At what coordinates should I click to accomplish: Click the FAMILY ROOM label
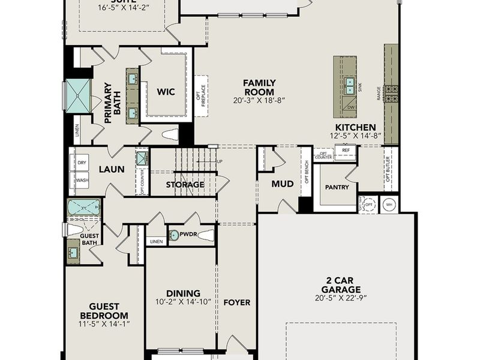259,87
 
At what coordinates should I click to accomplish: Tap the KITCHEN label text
355,127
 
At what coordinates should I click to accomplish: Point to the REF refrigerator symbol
346,151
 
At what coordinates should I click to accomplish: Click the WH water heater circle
389,204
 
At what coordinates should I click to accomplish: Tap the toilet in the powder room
206,235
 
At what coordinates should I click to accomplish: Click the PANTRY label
337,187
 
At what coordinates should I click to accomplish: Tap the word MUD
282,184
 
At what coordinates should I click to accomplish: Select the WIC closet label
166,92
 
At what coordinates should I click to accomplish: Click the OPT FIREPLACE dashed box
200,96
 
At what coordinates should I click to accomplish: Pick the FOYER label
236,302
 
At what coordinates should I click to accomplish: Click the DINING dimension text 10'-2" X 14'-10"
183,302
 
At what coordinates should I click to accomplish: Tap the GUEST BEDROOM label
104,310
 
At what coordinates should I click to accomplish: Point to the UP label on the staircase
219,161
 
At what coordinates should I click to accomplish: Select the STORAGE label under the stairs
185,185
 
